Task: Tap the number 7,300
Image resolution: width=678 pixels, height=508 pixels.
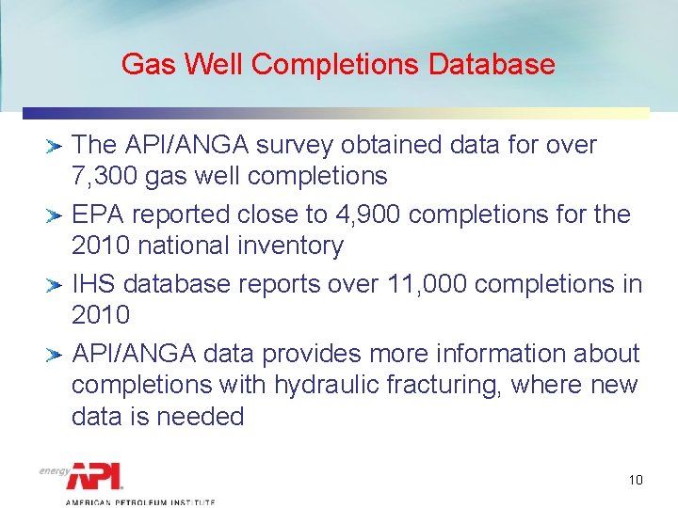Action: tap(105, 176)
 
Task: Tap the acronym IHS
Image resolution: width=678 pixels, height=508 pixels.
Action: tap(94, 283)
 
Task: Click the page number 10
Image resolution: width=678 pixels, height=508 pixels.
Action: tap(636, 481)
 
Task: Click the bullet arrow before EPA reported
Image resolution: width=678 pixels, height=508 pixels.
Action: tap(55, 215)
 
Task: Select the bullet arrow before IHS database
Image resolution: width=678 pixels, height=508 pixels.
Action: tap(55, 284)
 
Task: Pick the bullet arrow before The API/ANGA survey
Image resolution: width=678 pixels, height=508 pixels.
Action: tap(55, 146)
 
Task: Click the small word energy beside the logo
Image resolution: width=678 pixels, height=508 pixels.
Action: tap(55, 470)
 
